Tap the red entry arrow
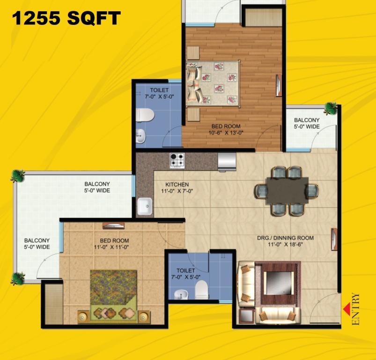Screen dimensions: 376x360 (346, 309)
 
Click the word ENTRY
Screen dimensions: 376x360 (355, 309)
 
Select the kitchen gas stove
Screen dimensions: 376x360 (177, 161)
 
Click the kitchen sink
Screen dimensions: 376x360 (145, 206)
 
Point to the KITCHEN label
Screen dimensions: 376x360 (177, 185)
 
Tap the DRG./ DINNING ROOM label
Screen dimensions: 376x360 (285, 238)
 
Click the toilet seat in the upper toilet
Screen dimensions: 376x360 (145, 115)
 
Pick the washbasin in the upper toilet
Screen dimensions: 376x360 (140, 136)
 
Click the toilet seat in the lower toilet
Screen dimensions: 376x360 (201, 289)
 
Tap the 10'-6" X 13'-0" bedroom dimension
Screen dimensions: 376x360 (226, 133)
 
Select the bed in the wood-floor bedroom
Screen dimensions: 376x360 (213, 83)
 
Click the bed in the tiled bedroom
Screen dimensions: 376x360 (114, 297)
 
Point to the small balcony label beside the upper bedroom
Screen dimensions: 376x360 (307, 123)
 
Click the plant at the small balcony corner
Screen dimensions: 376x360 (331, 108)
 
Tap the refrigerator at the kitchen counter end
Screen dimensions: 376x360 (227, 162)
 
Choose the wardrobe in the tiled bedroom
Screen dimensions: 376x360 (54, 304)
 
